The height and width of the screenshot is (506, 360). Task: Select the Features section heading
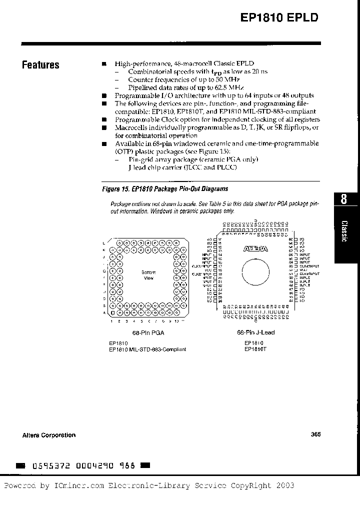pyautogui.click(x=40, y=65)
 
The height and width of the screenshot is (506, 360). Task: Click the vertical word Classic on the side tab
pyautogui.click(x=344, y=231)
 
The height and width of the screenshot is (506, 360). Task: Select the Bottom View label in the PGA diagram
pyautogui.click(x=148, y=275)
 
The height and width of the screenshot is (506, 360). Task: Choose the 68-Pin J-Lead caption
pyautogui.click(x=255, y=332)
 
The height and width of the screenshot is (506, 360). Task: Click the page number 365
pyautogui.click(x=315, y=434)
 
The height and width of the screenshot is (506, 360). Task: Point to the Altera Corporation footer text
pyautogui.click(x=49, y=435)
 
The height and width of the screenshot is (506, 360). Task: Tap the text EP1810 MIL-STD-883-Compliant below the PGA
pyautogui.click(x=147, y=349)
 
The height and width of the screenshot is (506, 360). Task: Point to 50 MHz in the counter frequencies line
pyautogui.click(x=228, y=79)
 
